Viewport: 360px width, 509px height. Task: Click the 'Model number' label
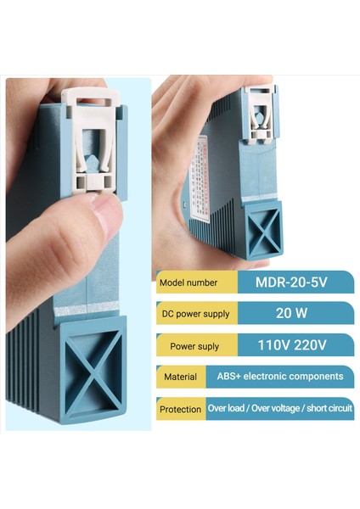point(187,282)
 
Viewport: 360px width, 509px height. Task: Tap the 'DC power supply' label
point(195,314)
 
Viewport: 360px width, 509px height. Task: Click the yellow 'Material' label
point(180,377)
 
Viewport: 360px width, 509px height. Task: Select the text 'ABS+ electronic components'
point(277,376)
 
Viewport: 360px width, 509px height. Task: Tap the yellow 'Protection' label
point(180,409)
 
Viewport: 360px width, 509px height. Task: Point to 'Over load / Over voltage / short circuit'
point(279,408)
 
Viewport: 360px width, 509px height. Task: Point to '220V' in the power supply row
point(310,344)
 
